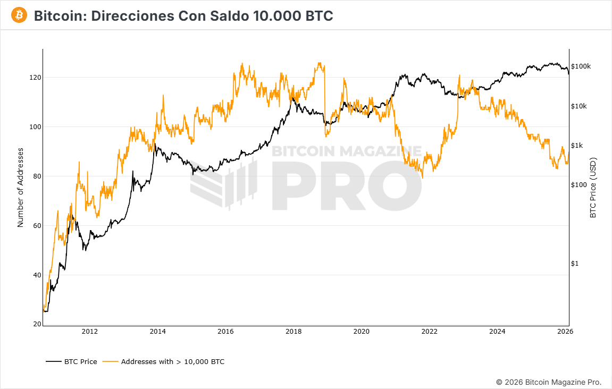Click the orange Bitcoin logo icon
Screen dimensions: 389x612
(x=20, y=15)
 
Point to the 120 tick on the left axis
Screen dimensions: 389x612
(x=35, y=78)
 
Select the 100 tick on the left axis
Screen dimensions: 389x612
(x=35, y=127)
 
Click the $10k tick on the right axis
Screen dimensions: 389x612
(x=579, y=106)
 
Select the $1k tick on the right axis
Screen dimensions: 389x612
(x=577, y=146)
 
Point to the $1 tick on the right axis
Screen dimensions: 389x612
(x=574, y=264)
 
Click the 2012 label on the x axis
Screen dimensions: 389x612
(x=89, y=332)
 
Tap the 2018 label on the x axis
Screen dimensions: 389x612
(x=294, y=332)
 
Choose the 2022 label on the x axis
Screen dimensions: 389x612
(x=429, y=332)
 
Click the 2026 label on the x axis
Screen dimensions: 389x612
(x=565, y=332)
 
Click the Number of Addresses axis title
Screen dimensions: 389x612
(x=21, y=187)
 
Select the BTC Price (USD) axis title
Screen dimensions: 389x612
(x=593, y=187)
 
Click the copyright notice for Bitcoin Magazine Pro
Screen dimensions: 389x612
(x=549, y=382)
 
